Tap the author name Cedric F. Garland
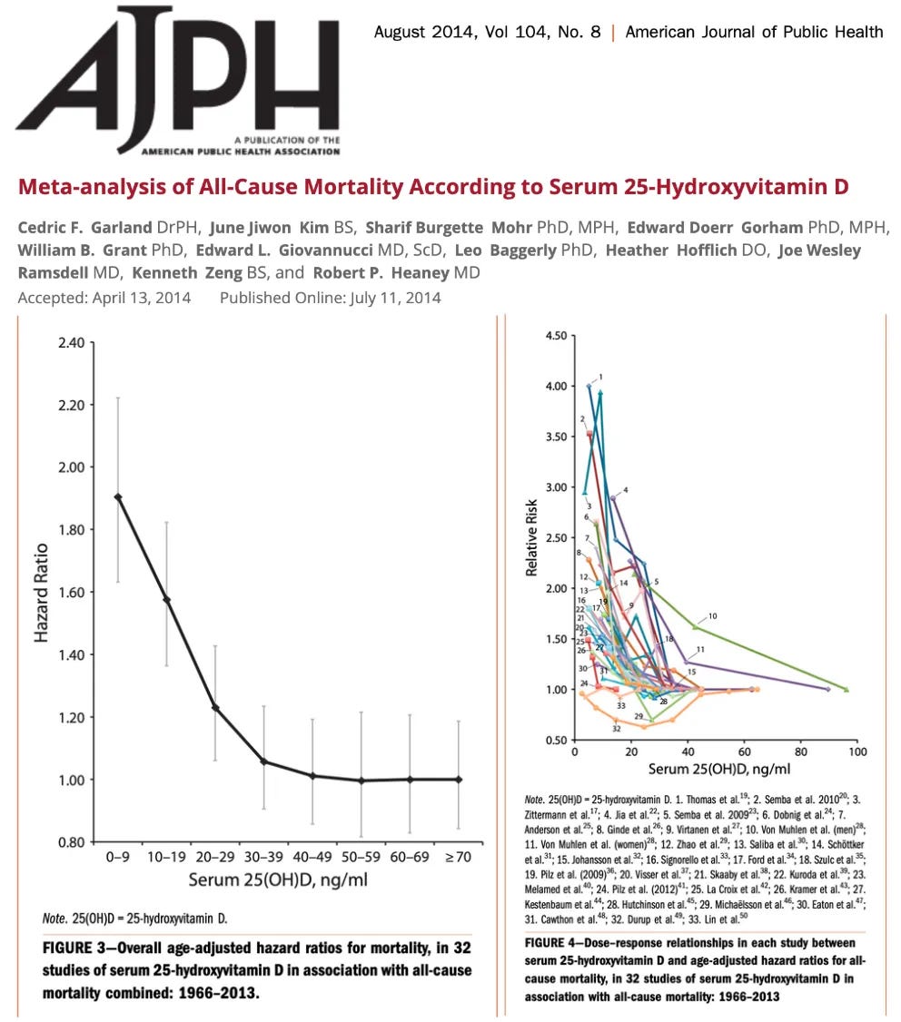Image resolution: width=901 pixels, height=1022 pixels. [83, 225]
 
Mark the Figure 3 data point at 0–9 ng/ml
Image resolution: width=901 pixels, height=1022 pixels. [118, 496]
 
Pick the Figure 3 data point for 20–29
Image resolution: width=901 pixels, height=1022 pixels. [215, 707]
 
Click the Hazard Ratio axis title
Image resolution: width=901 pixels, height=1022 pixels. [42, 592]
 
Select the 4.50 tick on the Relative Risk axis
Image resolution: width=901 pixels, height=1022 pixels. [556, 336]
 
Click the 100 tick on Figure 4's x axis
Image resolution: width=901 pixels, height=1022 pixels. [856, 752]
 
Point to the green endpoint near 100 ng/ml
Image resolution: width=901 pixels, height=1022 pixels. [847, 690]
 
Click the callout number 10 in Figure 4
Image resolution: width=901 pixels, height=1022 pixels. [712, 616]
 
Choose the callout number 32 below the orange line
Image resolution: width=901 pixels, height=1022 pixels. [616, 728]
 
